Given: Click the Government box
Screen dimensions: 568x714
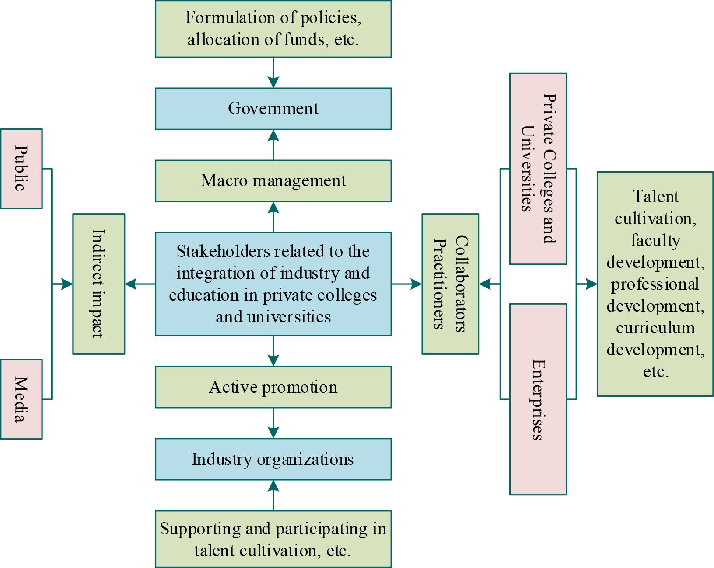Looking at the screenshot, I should click(x=273, y=109).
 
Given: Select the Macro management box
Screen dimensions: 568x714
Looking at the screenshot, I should click(x=273, y=181).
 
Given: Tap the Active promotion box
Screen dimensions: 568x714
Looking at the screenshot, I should click(x=273, y=387).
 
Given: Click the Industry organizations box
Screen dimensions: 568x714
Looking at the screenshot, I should click(x=273, y=459).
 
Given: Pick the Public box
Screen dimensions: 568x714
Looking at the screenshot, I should click(x=21, y=168).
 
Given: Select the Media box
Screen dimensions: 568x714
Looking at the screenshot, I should click(x=21, y=399).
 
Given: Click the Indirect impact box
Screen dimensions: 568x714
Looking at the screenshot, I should click(x=98, y=284).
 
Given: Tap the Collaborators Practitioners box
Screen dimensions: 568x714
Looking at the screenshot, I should click(x=450, y=284).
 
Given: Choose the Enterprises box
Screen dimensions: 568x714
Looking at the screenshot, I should click(x=538, y=399).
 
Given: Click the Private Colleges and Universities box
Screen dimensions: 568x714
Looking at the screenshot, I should click(x=538, y=168).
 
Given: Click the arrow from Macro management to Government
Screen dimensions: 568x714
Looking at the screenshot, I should click(x=273, y=145).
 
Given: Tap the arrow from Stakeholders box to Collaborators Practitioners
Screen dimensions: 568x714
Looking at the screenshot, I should click(x=407, y=284).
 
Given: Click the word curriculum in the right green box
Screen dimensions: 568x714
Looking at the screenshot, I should click(x=655, y=328).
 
